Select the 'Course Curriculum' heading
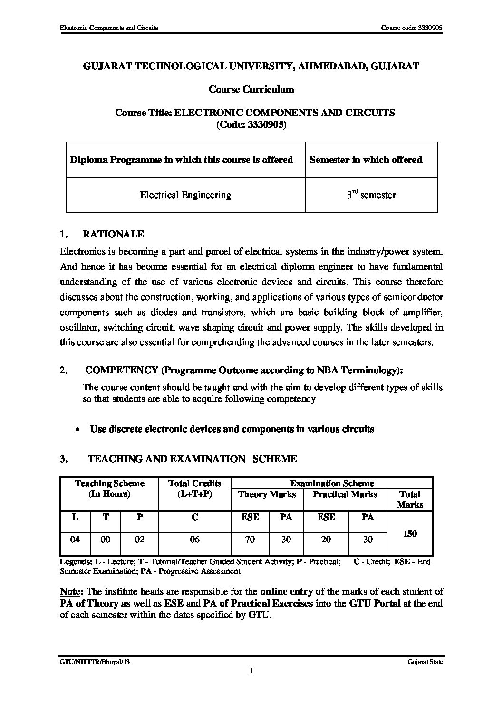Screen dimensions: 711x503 (251, 89)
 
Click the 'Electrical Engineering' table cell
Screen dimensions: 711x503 (185, 195)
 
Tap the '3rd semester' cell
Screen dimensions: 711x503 (371, 195)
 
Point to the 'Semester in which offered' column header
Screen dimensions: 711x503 (366, 160)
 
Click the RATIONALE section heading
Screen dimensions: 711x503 (113, 234)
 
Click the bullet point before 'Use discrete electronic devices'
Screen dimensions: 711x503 (77, 429)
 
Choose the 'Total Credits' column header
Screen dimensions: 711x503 (194, 483)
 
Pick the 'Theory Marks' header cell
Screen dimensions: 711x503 (267, 494)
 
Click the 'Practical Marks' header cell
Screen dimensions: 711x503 (345, 494)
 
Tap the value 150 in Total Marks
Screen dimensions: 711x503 (409, 533)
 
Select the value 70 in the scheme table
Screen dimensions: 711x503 (250, 539)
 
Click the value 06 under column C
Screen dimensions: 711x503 (194, 539)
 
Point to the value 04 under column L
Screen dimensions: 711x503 (75, 539)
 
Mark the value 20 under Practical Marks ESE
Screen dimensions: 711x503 (326, 539)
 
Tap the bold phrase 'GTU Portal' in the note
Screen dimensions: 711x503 (370, 603)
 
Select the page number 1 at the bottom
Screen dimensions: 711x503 (251, 671)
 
